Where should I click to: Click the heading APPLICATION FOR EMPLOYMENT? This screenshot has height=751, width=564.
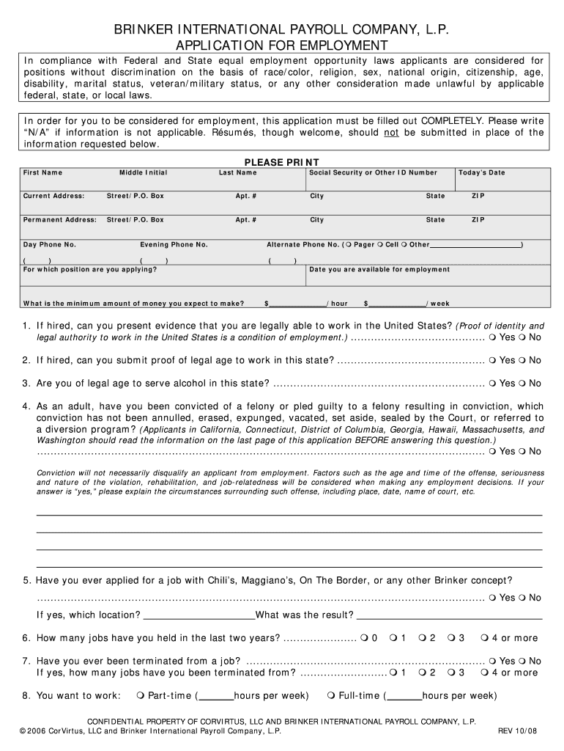pos(282,45)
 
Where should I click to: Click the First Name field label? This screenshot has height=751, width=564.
pos(42,173)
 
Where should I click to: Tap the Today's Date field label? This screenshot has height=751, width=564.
pos(481,173)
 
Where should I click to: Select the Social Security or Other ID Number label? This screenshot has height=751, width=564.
pos(373,173)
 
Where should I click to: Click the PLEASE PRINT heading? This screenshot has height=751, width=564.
pos(281,162)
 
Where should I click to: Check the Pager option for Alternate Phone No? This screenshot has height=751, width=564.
pos(348,245)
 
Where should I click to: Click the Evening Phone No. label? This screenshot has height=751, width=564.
pos(174,245)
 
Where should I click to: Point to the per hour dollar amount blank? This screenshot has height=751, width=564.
pos(298,302)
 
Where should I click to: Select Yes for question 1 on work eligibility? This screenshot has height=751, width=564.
pos(493,337)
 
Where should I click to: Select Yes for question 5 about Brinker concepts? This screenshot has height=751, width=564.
pos(493,598)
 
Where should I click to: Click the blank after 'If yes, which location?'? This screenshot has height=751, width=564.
pos(199,615)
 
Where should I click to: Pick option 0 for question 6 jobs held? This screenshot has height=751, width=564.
pos(364,638)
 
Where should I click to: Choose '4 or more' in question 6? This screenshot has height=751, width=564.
pos(485,638)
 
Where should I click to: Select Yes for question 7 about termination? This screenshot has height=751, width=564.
pos(493,661)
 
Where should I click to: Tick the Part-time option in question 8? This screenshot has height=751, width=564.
pos(141,696)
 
